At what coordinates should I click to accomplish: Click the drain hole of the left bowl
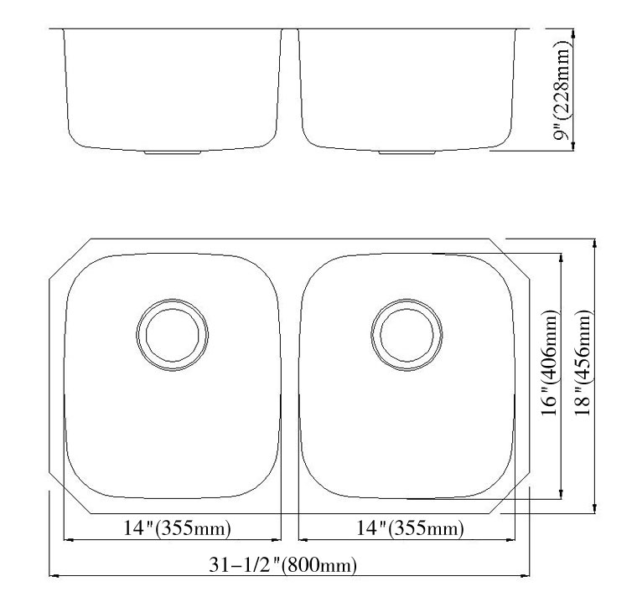coord(173,333)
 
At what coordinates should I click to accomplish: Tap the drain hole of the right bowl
coord(407,333)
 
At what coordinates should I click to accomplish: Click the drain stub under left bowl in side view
coord(172,153)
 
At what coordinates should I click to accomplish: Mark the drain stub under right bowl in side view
coord(406,153)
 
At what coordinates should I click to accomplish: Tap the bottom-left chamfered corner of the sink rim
coord(70,494)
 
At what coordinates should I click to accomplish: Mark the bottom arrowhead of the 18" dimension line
coord(594,507)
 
